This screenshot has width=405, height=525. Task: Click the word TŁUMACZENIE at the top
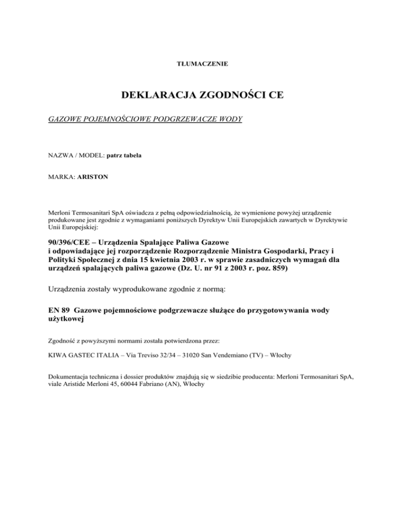[202, 64]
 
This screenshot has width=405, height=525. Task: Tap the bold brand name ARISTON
[93, 177]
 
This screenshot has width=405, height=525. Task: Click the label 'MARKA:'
[62, 177]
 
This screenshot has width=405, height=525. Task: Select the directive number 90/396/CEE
[71, 240]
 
